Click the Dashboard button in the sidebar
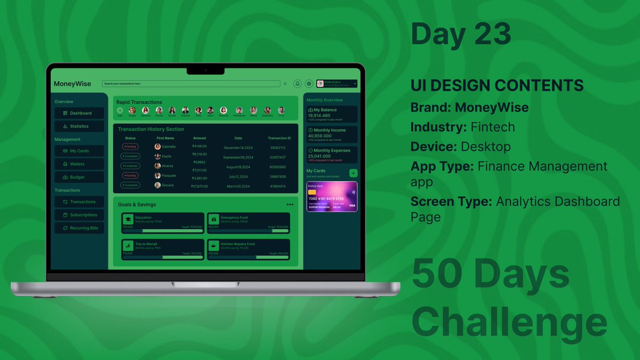(x=79, y=113)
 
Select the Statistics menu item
(x=79, y=126)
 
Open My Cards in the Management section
(x=79, y=151)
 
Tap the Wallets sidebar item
(x=79, y=164)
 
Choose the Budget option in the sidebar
(x=79, y=177)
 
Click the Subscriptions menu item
(x=79, y=215)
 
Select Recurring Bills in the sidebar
(x=79, y=228)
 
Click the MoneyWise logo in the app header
(x=73, y=84)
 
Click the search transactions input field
(x=191, y=84)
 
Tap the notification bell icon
(x=298, y=84)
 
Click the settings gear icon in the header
(x=308, y=84)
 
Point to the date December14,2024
(x=238, y=147)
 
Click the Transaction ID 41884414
(x=277, y=186)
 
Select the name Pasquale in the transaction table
(x=169, y=175)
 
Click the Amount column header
(x=199, y=138)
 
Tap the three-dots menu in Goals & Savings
(x=290, y=204)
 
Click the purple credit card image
(x=331, y=197)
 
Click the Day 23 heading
(x=460, y=34)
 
